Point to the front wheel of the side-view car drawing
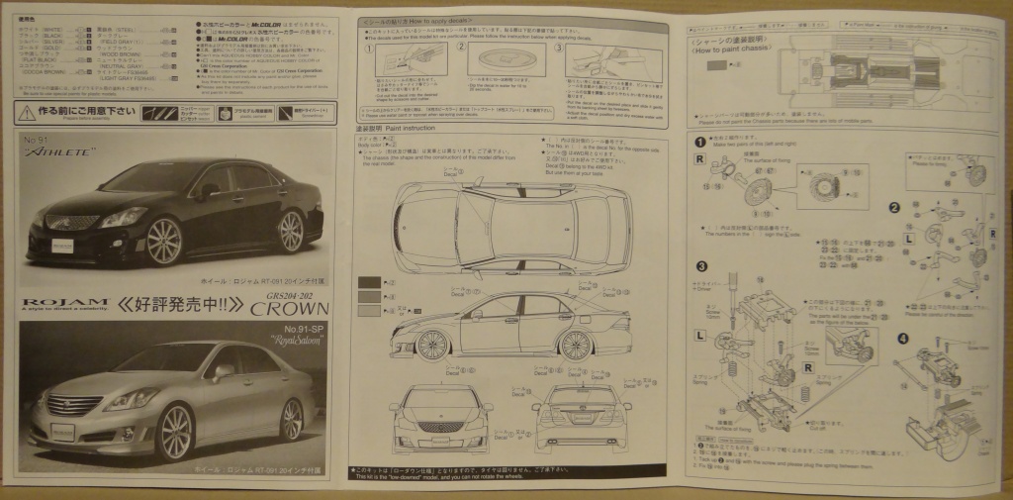429,346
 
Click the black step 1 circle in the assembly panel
699,144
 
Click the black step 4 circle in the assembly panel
902,338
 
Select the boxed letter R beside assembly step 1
698,160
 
